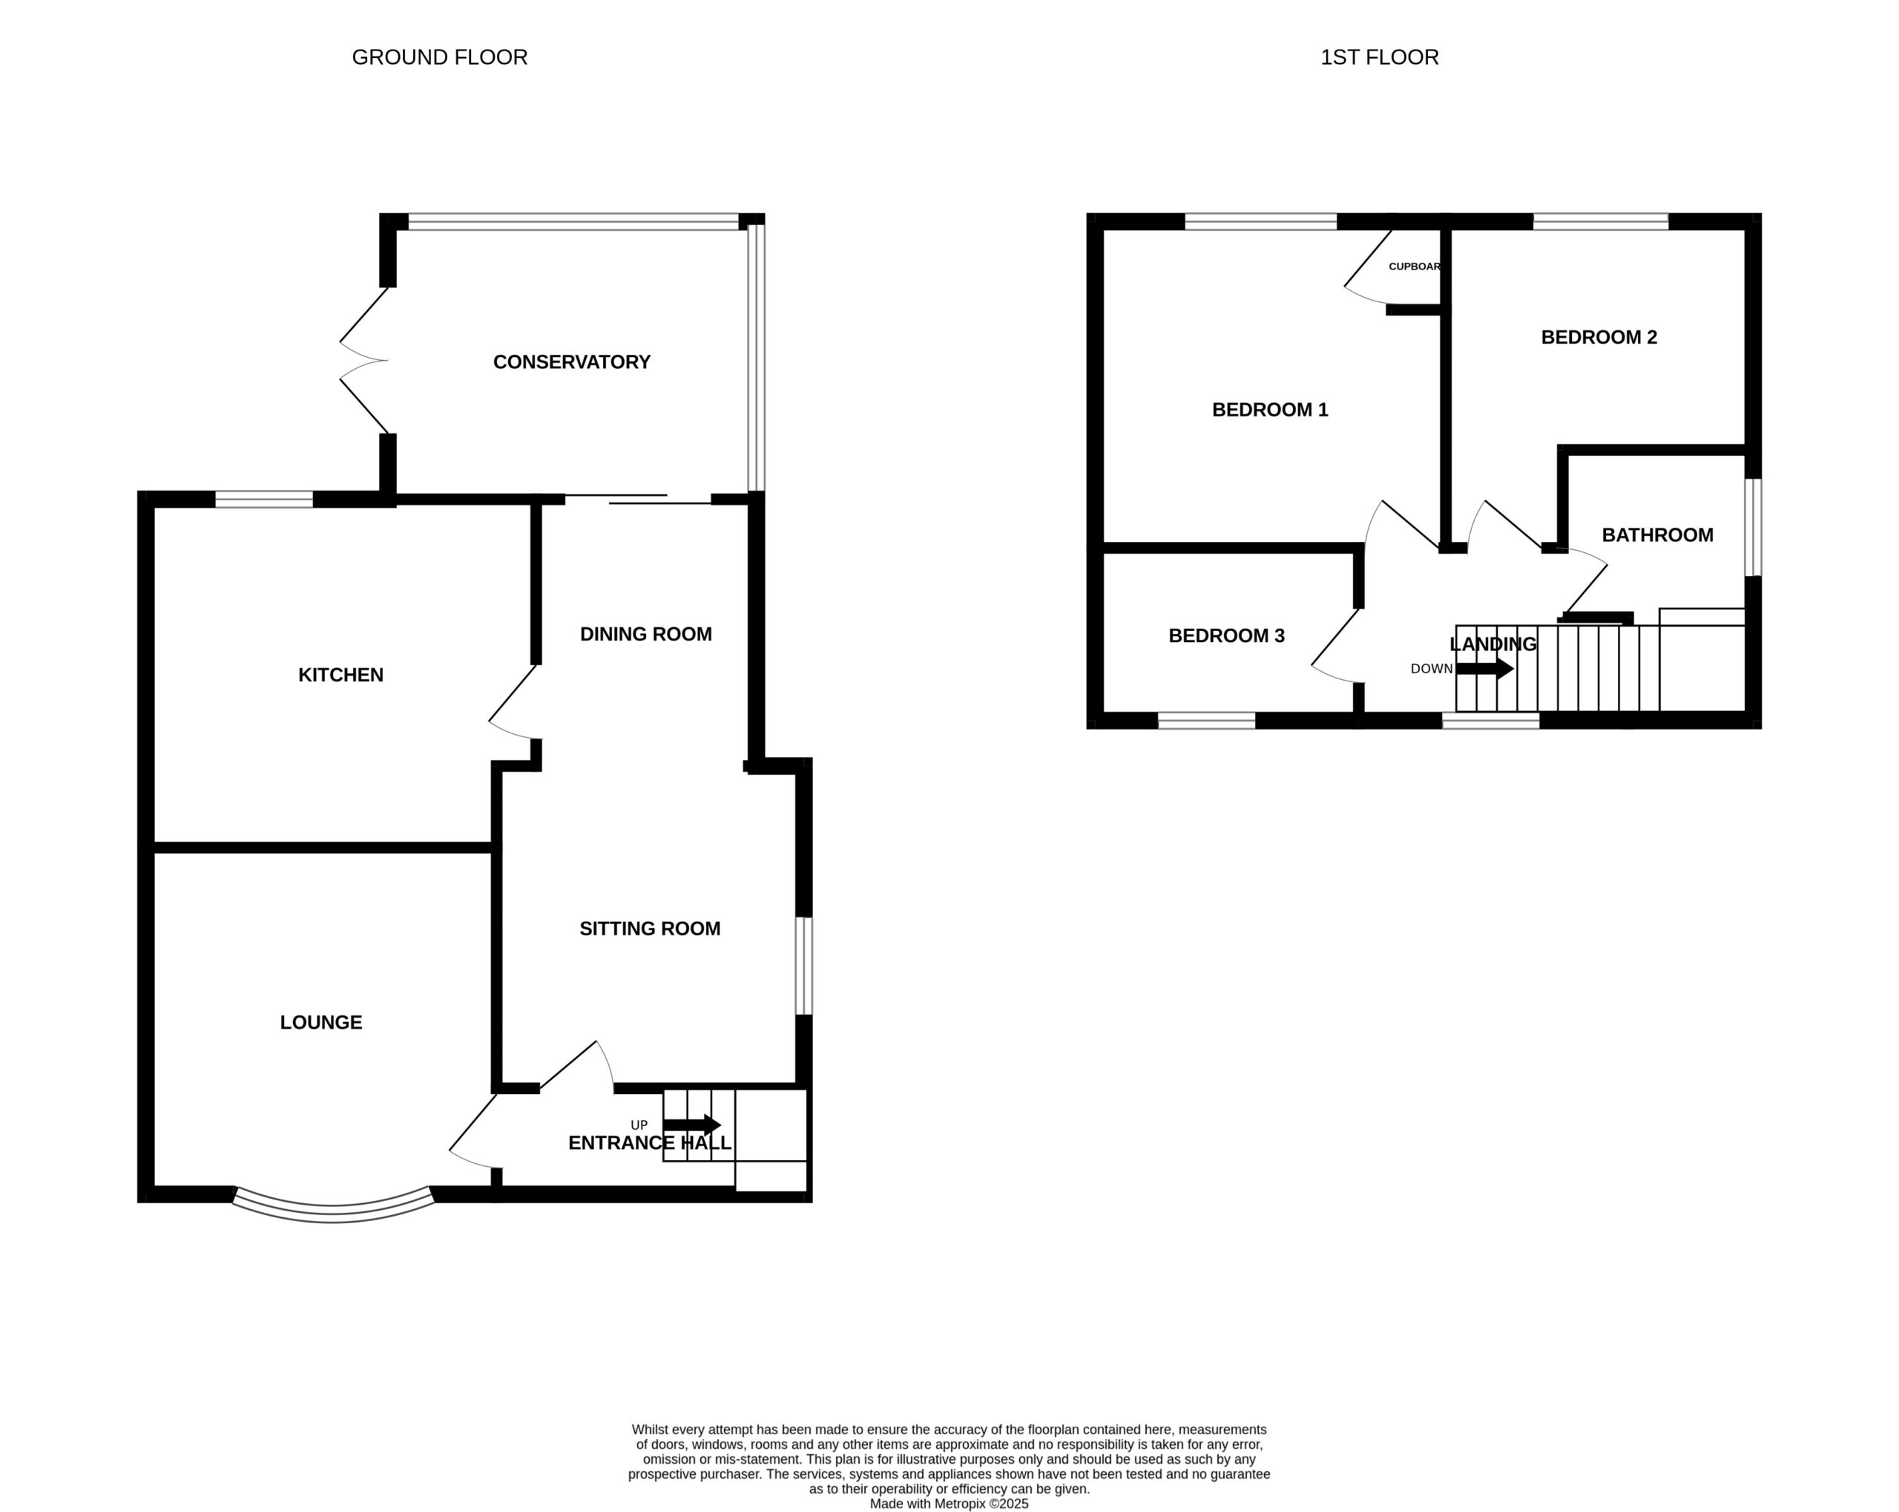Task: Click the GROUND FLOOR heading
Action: tap(440, 57)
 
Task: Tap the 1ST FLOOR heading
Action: tap(1379, 57)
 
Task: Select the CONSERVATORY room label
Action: tap(572, 362)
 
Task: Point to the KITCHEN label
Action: tap(341, 675)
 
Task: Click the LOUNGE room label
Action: tap(320, 1022)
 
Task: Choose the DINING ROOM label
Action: tap(645, 635)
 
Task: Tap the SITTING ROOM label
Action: tap(650, 929)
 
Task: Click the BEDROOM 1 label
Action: tap(1270, 410)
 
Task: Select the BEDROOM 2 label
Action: tap(1599, 338)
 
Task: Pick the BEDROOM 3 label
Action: tap(1226, 636)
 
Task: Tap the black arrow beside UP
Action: tap(691, 1125)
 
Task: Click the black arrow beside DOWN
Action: tap(1484, 669)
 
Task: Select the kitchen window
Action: tap(264, 500)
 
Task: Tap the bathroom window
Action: tap(1753, 528)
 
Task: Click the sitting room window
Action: tap(803, 966)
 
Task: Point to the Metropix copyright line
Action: tap(949, 1504)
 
